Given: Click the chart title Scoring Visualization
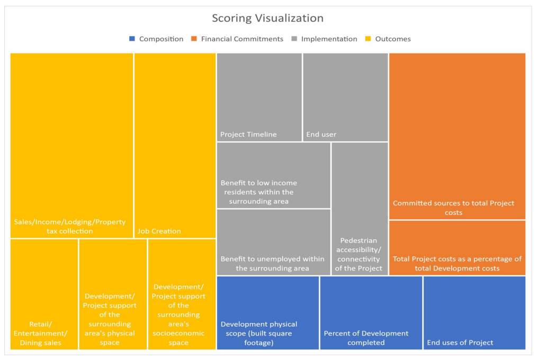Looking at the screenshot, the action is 267,18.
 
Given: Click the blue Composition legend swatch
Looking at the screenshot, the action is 132,39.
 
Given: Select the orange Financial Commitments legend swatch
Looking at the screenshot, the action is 194,39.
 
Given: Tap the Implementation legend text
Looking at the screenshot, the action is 329,39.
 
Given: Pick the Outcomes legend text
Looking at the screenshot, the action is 393,39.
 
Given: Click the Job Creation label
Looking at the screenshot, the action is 159,231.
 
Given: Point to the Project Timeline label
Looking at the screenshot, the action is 248,134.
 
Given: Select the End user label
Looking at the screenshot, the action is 321,134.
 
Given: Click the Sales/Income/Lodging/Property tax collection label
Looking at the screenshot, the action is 70,227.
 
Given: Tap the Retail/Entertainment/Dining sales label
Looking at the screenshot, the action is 41,333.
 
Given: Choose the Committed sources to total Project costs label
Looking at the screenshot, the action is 453,208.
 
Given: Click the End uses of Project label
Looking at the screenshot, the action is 460,343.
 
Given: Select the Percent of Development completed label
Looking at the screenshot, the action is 366,338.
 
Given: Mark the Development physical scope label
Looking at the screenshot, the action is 259,333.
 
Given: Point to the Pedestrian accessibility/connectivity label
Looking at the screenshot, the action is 358,255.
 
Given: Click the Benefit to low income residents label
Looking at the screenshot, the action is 259,192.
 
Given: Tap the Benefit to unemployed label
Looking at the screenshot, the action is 272,263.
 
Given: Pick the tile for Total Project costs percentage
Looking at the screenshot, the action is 457,248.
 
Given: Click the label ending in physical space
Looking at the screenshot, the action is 110,319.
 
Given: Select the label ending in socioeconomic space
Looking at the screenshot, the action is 178,314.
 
